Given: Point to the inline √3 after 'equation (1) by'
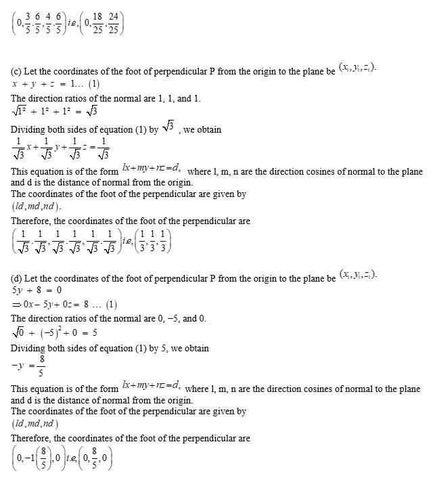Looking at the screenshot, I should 168,126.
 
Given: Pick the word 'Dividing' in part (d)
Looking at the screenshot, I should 27,348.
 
